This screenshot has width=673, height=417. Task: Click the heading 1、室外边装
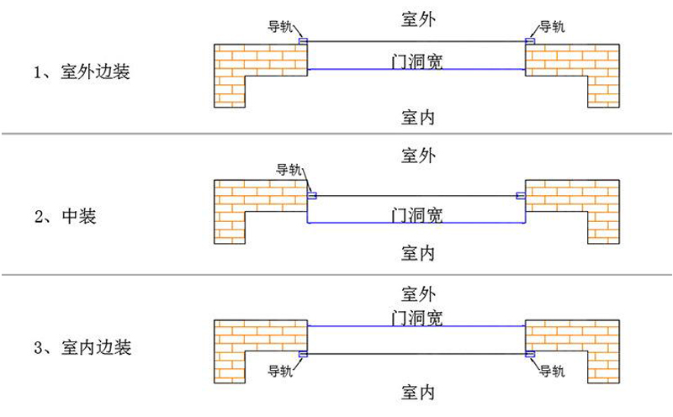click(x=82, y=72)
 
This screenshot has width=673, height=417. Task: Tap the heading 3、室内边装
click(x=82, y=347)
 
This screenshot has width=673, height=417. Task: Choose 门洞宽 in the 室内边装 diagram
click(x=417, y=317)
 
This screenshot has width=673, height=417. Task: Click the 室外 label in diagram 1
click(x=417, y=16)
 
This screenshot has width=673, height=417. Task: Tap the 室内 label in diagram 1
click(x=417, y=117)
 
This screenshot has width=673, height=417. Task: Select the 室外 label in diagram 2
click(x=417, y=156)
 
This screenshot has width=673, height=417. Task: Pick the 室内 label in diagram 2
click(x=417, y=252)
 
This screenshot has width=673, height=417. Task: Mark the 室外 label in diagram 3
click(x=417, y=294)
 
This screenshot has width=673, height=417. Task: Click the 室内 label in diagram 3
click(x=417, y=392)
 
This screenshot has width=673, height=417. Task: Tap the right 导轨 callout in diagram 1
click(x=552, y=26)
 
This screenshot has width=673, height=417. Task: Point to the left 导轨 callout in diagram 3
click(x=280, y=370)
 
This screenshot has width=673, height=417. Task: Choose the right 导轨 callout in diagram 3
click(x=552, y=370)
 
